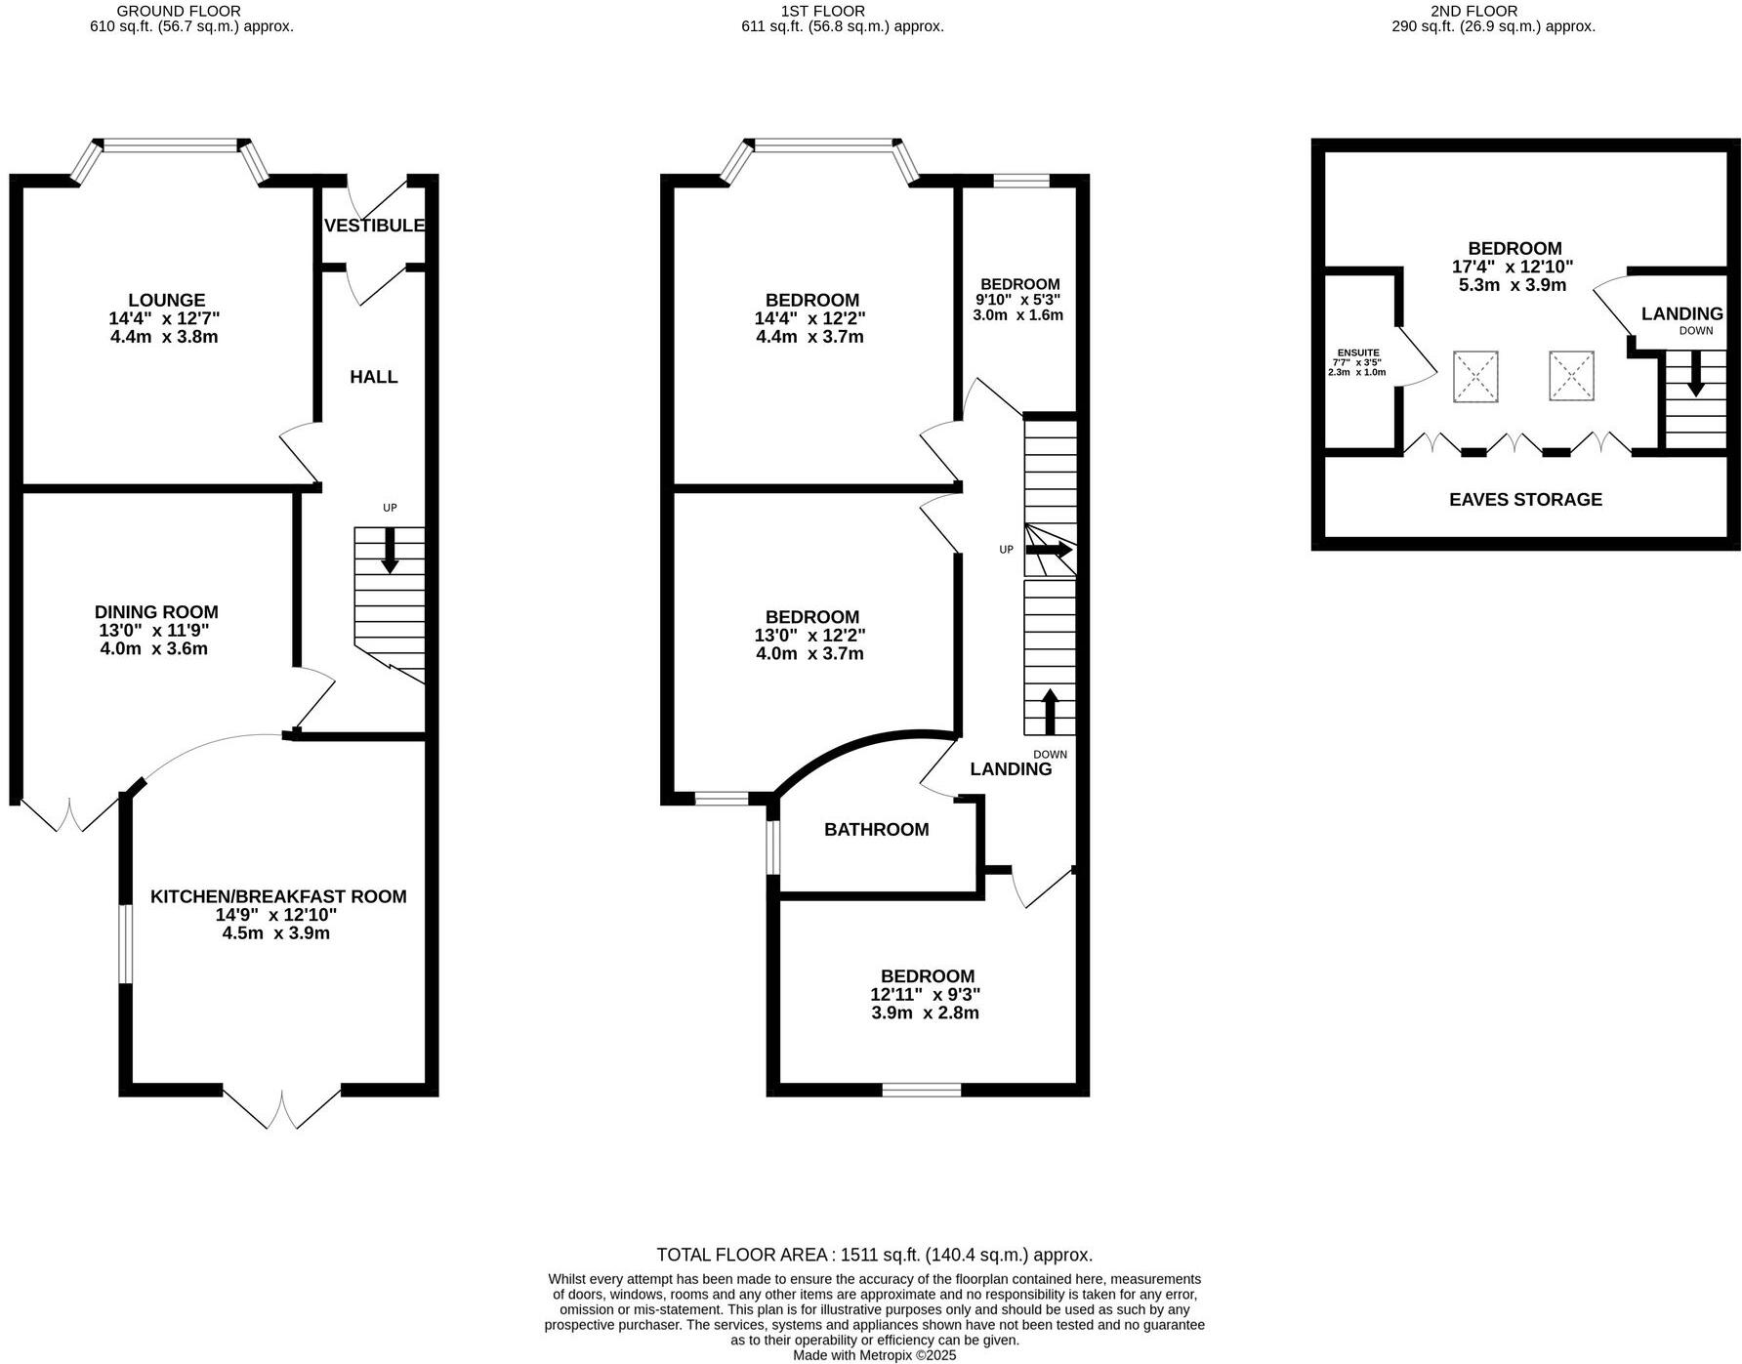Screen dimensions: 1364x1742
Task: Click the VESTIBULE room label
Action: click(374, 226)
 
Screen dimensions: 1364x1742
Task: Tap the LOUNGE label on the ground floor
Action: click(167, 300)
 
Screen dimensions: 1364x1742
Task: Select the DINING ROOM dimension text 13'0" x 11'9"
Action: click(154, 631)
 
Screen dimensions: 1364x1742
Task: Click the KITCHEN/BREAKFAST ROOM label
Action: click(278, 896)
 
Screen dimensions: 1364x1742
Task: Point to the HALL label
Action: click(374, 377)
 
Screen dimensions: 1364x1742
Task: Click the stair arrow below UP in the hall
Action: click(390, 551)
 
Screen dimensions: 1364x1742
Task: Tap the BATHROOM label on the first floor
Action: click(876, 830)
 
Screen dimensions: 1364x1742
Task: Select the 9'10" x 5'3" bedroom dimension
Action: click(1017, 300)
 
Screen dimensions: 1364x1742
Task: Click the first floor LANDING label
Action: click(1011, 769)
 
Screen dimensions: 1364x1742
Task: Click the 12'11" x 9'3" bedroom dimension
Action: click(926, 995)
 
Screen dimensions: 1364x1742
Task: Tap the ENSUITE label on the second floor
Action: click(1358, 353)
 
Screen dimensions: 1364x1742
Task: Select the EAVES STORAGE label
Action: click(1525, 500)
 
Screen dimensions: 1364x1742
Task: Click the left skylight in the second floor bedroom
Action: click(1475, 376)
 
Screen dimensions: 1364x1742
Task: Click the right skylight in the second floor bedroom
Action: click(1571, 376)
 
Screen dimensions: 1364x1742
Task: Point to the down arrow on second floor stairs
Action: click(1696, 373)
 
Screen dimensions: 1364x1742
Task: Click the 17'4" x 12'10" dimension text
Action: click(1513, 267)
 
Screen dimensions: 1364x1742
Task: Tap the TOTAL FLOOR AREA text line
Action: click(874, 1255)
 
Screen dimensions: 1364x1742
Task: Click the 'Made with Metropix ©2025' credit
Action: click(874, 1355)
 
